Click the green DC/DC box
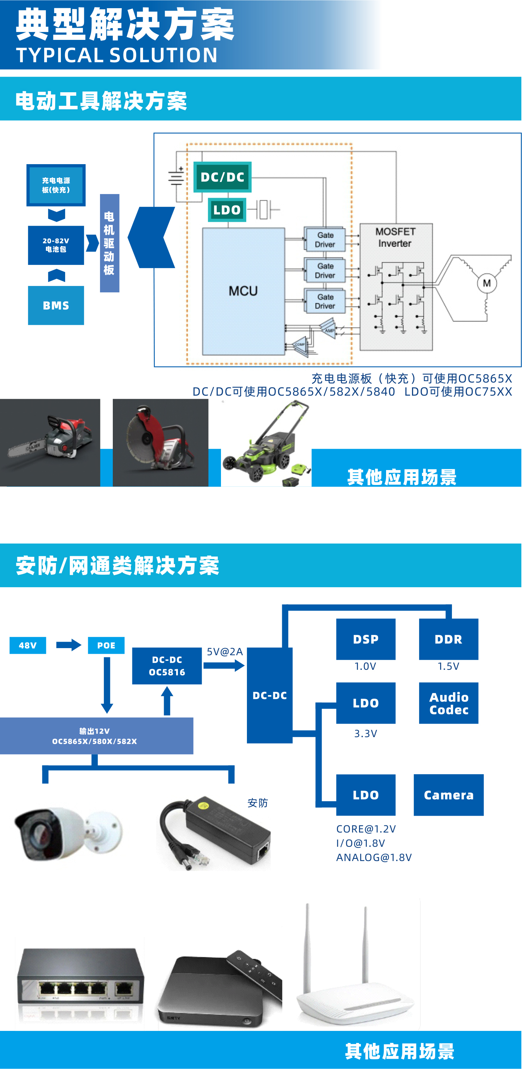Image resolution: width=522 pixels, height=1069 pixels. coord(222,177)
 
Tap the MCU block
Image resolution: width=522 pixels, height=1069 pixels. coord(243,291)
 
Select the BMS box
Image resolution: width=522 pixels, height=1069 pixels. coord(56,306)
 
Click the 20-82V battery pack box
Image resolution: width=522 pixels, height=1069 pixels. coord(56,245)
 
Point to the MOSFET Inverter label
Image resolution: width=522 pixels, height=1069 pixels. coord(395,238)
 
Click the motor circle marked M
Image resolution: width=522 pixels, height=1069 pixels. coord(487,283)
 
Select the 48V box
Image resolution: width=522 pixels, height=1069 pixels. coord(27,645)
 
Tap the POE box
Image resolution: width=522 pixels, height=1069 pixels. coord(106,645)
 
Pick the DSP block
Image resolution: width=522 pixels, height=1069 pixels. coord(366,639)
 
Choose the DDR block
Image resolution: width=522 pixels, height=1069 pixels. coord(448,639)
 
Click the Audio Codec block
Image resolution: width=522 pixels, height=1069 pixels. coord(449,703)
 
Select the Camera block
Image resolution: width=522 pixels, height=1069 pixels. coord(449,795)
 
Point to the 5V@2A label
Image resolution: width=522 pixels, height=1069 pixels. coord(225,652)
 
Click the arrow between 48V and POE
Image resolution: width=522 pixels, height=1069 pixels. coord(68,645)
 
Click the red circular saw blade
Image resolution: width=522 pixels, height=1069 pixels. coord(143,436)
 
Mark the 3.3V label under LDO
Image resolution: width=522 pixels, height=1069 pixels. coord(366,734)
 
